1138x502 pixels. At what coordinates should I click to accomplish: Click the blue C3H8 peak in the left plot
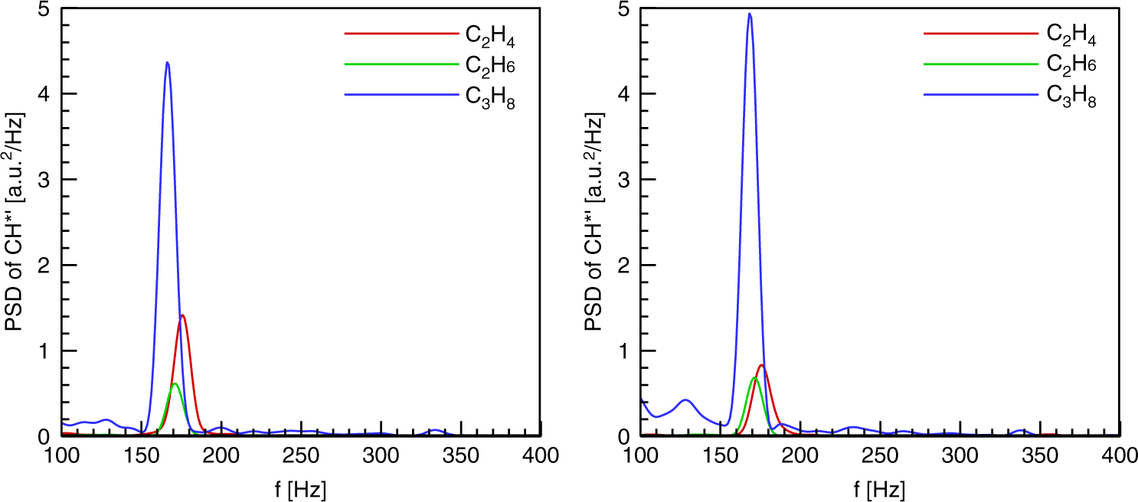pos(167,63)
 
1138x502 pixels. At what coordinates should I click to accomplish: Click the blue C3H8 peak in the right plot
pos(750,14)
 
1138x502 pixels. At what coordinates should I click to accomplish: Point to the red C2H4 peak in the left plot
pos(182,315)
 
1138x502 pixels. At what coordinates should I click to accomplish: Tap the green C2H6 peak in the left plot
pos(175,383)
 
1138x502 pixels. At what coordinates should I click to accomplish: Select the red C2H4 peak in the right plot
pos(762,365)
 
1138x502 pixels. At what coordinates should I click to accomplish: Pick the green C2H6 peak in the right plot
pos(754,378)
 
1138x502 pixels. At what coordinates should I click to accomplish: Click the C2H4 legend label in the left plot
pos(491,35)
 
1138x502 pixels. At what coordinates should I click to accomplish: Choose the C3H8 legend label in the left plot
pos(491,96)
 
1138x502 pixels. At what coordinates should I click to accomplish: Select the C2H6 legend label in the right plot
pos(1071,66)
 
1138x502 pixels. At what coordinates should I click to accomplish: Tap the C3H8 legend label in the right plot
pos(1071,96)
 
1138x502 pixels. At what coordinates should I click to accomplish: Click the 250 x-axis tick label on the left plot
pos(301,457)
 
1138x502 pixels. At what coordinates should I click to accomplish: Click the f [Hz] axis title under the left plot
pos(301,487)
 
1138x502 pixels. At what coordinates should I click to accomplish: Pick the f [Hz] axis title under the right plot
pos(880,487)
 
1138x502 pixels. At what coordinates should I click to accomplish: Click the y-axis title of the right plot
pos(594,222)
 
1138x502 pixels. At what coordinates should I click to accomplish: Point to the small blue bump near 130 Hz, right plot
pos(685,399)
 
